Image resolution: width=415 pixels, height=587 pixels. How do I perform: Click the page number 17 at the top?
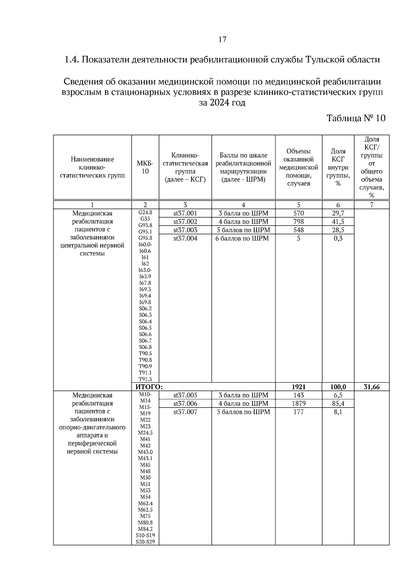(222, 39)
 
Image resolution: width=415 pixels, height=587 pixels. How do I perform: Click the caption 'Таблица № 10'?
(356, 118)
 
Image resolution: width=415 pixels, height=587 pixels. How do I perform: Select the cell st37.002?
(185, 222)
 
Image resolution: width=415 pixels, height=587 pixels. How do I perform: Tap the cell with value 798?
(298, 222)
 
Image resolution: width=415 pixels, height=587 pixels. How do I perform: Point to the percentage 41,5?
(338, 222)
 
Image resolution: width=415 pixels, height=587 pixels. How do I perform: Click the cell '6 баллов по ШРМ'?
(243, 238)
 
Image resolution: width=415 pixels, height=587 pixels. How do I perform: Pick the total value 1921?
(298, 387)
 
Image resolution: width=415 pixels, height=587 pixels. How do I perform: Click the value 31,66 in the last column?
(371, 387)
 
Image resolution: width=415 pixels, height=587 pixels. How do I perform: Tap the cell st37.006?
(185, 404)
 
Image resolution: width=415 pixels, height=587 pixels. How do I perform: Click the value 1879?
(298, 404)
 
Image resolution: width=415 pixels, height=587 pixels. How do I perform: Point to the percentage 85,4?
(338, 404)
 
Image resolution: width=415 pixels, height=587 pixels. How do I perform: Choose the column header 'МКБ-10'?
(145, 167)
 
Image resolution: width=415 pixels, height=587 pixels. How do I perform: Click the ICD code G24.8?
(145, 213)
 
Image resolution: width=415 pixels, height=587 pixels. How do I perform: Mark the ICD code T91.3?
(145, 379)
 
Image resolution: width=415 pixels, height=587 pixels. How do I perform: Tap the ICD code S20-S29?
(145, 542)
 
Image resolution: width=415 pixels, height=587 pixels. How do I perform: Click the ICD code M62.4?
(145, 503)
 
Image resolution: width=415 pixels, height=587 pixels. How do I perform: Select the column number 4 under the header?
(243, 205)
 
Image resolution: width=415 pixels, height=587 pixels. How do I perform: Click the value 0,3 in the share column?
(338, 238)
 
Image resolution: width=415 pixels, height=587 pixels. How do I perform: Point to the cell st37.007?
(185, 412)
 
